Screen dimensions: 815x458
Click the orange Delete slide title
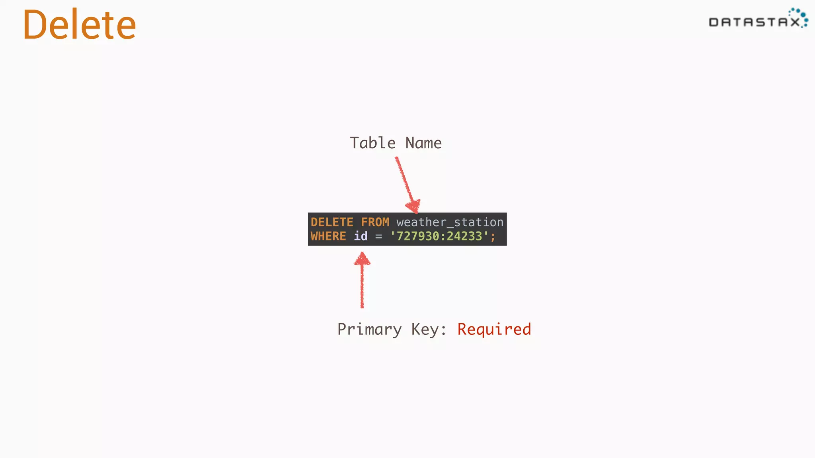tap(80, 25)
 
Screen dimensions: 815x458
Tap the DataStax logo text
tap(754, 22)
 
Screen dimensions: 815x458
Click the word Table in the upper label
tap(372, 143)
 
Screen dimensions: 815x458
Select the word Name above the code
tap(423, 143)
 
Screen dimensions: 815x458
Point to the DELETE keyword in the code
tap(332, 222)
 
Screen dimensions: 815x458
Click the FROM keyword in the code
tap(375, 222)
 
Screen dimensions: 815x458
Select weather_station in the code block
tap(450, 222)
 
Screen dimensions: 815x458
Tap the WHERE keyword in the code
tap(328, 236)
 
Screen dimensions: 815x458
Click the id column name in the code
tap(361, 236)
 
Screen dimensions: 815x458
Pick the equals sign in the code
tap(378, 237)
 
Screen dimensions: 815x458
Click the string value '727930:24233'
tap(439, 236)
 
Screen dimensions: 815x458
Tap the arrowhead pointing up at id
tap(362, 259)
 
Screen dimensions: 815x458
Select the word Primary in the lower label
tap(369, 330)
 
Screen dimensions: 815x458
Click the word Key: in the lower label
tap(429, 330)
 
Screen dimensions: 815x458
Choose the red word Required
tap(494, 329)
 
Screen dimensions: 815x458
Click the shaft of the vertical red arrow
tap(362, 286)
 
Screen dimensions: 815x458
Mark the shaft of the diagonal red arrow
tap(404, 179)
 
